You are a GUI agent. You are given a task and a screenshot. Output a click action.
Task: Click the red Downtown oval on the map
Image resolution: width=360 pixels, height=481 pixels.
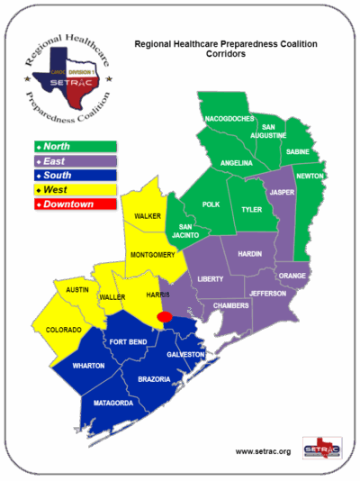[x=165, y=317]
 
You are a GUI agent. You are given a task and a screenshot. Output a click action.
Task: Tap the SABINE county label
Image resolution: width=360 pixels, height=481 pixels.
[x=297, y=153]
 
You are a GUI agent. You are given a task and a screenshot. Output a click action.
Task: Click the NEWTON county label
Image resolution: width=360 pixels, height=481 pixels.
[x=310, y=176]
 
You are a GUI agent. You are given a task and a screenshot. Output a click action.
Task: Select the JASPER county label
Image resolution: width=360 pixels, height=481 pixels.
[x=281, y=192]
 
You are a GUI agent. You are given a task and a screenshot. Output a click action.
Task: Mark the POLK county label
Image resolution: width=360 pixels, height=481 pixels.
[x=211, y=204]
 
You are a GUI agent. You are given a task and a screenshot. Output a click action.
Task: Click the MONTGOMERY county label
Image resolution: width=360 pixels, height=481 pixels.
[x=152, y=255]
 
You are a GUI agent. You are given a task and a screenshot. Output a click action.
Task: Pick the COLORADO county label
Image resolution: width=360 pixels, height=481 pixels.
[x=63, y=330]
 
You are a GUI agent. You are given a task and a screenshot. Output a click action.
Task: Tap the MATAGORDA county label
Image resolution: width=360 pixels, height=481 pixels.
[x=115, y=403]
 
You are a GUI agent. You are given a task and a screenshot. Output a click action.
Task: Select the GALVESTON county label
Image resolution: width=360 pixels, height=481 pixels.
[x=186, y=355]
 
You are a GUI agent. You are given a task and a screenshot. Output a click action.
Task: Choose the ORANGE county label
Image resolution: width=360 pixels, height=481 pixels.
[x=292, y=276]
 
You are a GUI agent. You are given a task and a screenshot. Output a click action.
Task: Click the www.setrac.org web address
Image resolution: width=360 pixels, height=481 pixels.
[x=263, y=450]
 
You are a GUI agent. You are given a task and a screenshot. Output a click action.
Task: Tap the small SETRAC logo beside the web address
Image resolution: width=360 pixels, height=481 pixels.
[x=322, y=448]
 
